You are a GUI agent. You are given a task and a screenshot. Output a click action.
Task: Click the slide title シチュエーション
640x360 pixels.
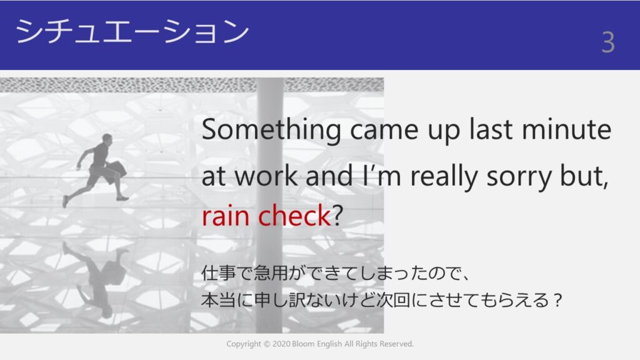click(132, 31)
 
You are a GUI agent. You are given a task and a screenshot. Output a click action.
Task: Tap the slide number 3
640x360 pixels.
click(608, 42)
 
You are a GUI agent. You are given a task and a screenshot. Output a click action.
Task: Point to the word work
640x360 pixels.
click(266, 176)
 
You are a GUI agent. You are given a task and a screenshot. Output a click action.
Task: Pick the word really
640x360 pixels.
click(444, 177)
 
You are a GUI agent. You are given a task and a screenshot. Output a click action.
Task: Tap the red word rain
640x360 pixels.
click(225, 215)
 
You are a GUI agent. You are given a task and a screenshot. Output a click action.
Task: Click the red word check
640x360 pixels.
click(294, 215)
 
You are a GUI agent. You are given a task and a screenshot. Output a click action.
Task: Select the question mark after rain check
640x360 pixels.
click(337, 215)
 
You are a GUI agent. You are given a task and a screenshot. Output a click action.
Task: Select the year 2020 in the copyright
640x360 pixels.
click(281, 344)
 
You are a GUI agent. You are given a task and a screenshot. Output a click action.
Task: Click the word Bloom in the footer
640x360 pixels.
click(303, 344)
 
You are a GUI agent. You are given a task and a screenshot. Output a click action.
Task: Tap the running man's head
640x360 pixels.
click(107, 139)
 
